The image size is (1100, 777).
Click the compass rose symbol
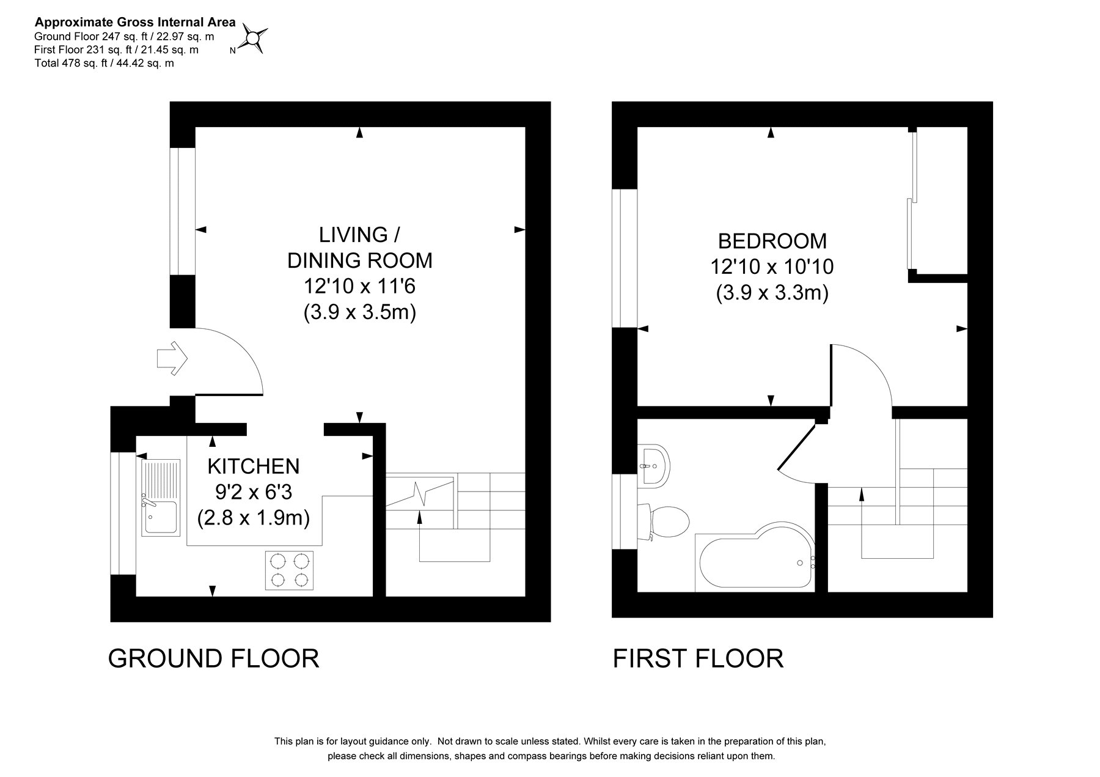point(252,38)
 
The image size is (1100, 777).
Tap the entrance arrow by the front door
point(172,358)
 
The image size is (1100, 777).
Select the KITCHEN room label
point(254,466)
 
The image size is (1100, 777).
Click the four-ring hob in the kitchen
point(290,570)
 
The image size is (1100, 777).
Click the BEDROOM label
point(772,241)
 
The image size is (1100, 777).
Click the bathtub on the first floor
point(755,557)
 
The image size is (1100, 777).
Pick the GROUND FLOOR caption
point(213,658)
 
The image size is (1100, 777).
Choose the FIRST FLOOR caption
point(698,658)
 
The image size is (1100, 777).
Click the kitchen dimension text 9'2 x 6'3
point(254,493)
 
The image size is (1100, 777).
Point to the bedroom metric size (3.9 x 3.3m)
point(772,293)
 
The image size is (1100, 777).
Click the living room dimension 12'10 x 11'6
point(359,286)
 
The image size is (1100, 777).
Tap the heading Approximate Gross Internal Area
point(135,23)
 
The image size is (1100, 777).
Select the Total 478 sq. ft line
point(105,63)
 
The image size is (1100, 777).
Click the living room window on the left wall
point(182,212)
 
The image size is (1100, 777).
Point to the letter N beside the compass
point(232,51)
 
